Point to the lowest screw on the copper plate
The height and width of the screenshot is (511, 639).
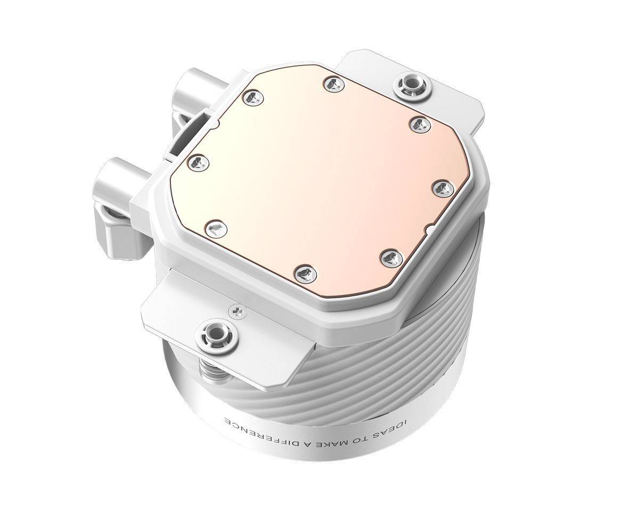point(306,273)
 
